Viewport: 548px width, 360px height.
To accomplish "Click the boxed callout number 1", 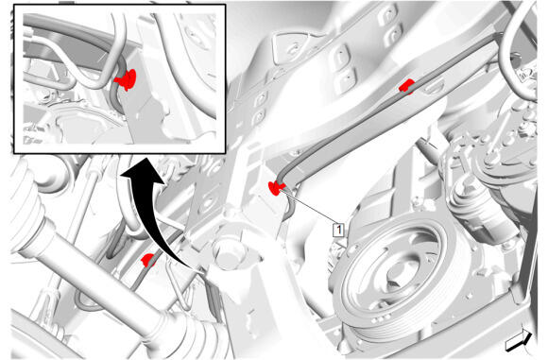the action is click(338, 230).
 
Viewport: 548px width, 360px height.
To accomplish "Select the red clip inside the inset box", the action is click(127, 79).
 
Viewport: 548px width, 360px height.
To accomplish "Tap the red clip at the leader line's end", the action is click(275, 188).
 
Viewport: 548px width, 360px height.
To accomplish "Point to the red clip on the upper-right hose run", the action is click(406, 86).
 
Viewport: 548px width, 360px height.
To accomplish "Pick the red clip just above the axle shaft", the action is click(148, 260).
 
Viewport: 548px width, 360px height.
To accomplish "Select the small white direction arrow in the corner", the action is click(519, 340).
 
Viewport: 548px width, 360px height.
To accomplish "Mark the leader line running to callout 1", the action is click(309, 208).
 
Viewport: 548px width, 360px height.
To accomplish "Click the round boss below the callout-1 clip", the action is click(229, 252).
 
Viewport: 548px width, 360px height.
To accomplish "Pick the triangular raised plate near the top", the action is click(291, 47).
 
